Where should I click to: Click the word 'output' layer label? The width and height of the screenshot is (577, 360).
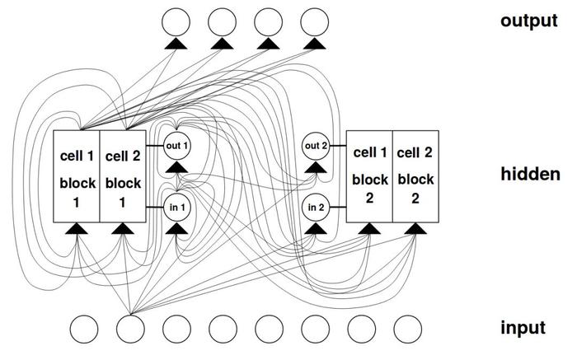point(529,21)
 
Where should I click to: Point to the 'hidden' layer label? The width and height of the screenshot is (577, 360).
point(530,174)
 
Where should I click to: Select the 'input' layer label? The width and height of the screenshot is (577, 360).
point(523,328)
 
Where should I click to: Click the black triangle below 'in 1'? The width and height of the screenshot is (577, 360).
point(177,228)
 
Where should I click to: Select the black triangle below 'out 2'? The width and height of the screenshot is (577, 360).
point(316,167)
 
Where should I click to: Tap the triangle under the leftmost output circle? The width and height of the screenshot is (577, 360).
point(176,44)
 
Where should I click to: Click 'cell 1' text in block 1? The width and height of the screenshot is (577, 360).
point(77,156)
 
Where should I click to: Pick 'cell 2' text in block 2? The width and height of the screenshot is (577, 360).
point(415,152)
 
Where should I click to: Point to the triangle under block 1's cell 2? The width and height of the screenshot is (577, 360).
point(123,228)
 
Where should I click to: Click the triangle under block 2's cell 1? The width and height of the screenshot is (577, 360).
point(369,228)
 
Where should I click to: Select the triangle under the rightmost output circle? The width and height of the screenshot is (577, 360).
point(315,44)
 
